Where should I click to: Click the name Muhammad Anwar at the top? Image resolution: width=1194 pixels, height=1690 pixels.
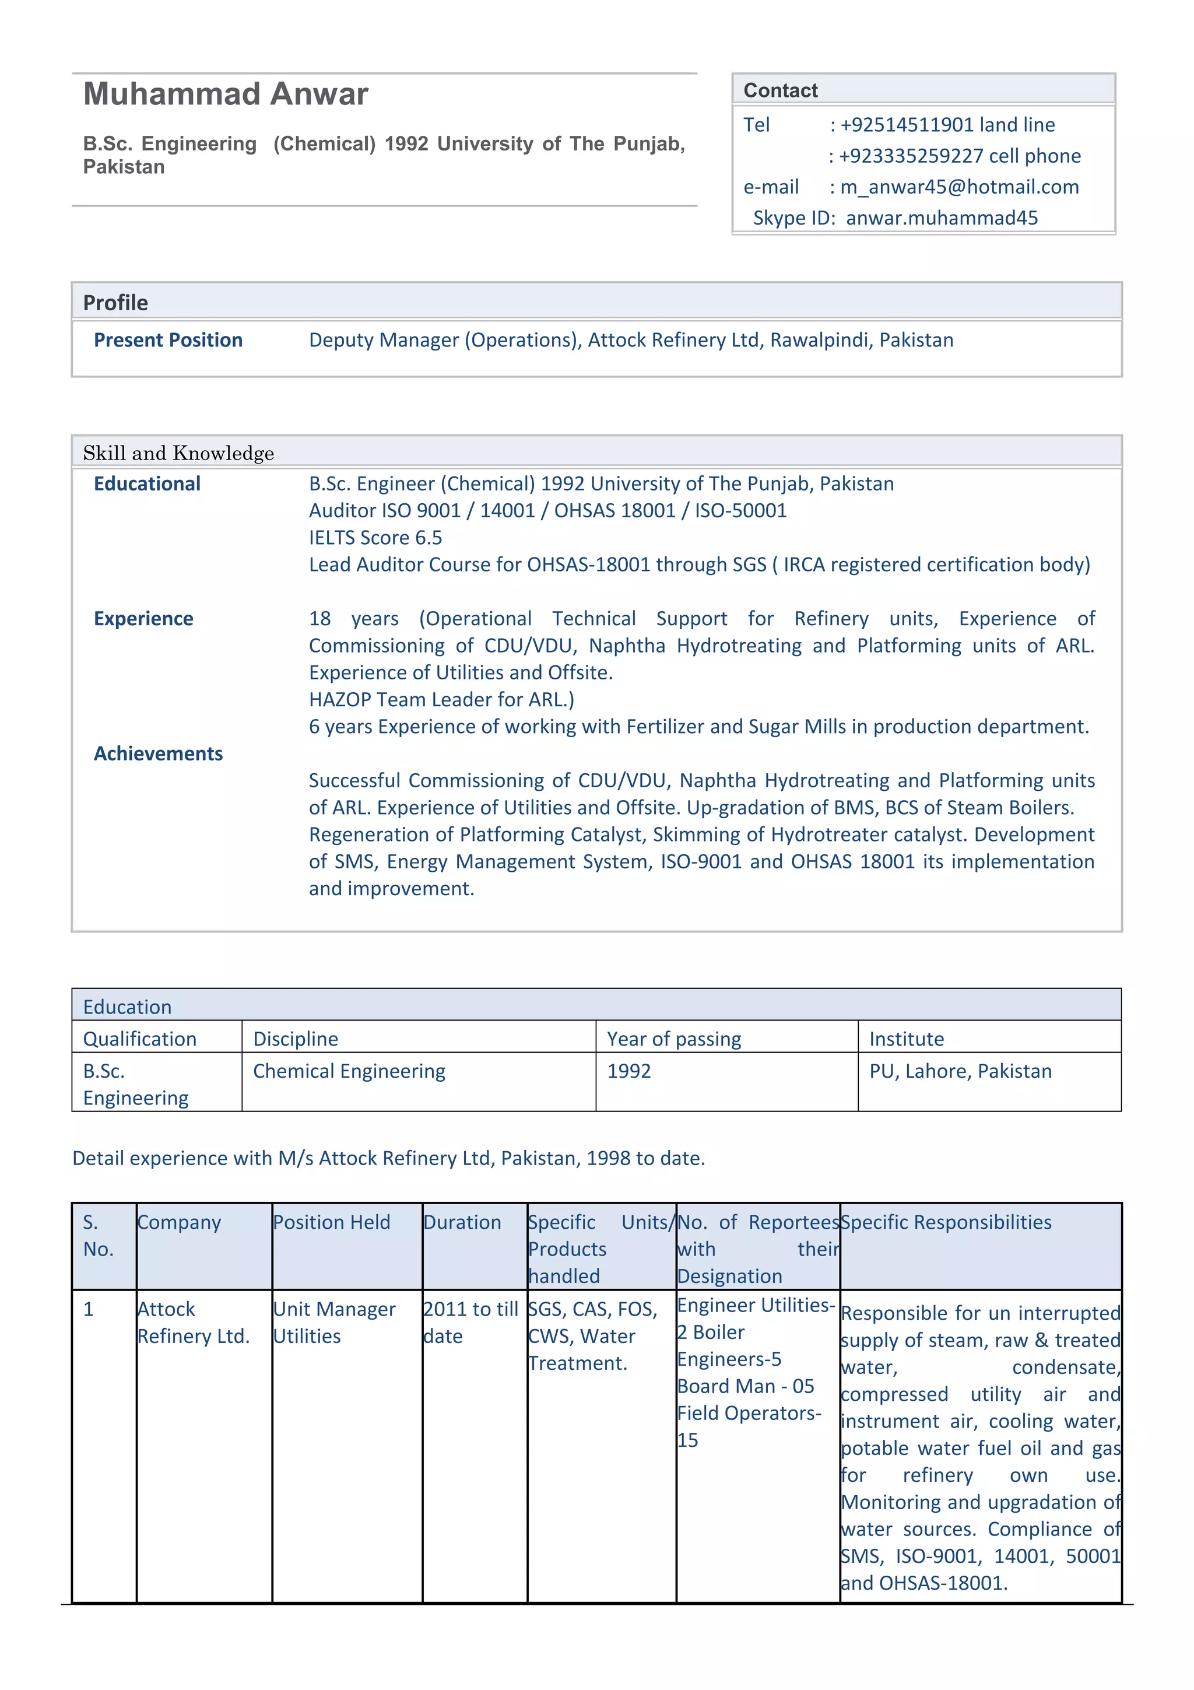(x=226, y=94)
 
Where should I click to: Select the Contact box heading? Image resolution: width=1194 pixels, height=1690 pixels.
(x=780, y=90)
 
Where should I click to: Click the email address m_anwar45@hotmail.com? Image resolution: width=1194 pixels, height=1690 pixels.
(x=959, y=187)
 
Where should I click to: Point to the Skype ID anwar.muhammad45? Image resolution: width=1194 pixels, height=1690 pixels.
(x=941, y=218)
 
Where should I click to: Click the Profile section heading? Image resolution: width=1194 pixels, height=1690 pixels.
(x=115, y=303)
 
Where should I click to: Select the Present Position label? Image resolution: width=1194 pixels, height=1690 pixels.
(x=168, y=340)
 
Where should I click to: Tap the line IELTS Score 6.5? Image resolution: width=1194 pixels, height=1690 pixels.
(x=375, y=537)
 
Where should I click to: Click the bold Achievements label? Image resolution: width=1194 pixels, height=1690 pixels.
(x=158, y=753)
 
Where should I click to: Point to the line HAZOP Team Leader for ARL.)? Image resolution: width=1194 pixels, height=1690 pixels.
(x=441, y=699)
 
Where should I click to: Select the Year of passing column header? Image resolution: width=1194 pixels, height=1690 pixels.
(x=673, y=1039)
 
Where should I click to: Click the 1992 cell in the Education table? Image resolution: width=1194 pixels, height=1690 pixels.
(x=629, y=1071)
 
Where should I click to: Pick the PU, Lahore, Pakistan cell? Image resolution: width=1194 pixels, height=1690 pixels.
(x=960, y=1071)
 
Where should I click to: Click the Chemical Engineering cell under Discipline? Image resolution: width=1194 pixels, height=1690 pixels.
(x=349, y=1071)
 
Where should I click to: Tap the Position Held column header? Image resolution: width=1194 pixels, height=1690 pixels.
(x=332, y=1222)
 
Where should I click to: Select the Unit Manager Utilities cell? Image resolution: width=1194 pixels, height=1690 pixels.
(x=334, y=1322)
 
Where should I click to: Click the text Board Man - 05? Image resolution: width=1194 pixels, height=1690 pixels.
(x=745, y=1386)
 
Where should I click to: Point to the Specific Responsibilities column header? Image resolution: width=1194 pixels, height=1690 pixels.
(x=946, y=1222)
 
